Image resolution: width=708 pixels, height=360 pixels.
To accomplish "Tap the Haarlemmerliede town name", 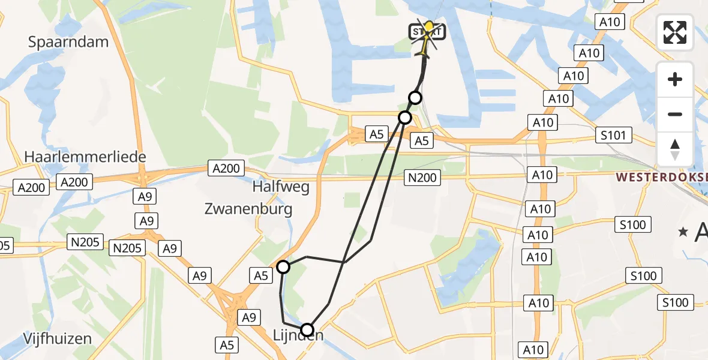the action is pos(85,157).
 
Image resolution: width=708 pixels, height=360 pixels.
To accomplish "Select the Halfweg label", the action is pos(281,187).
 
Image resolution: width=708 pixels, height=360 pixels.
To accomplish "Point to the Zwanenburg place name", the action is pos(248,209).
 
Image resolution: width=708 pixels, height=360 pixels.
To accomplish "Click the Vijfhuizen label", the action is pos(58,338).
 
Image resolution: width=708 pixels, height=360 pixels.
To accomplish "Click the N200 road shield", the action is pos(423,177).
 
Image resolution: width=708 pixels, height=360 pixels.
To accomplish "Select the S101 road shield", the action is pos(613,135).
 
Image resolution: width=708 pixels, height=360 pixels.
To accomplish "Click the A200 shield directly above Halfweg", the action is pos(226,169).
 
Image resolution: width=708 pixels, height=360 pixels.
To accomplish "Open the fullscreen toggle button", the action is pos(675,32).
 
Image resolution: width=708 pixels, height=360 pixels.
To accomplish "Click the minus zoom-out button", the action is pos(675,114).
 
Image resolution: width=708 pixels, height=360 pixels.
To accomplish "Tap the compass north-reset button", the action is pos(675,149).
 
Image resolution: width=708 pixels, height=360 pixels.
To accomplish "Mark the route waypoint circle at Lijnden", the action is pos(307,329).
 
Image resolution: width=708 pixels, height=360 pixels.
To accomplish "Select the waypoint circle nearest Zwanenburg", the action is pos(283,266).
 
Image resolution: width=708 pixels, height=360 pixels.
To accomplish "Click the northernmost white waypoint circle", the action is pos(415,98).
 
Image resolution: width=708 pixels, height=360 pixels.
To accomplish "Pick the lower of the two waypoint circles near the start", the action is pos(405,117).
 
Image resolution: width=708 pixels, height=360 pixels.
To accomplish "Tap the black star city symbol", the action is pos(682,232).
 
